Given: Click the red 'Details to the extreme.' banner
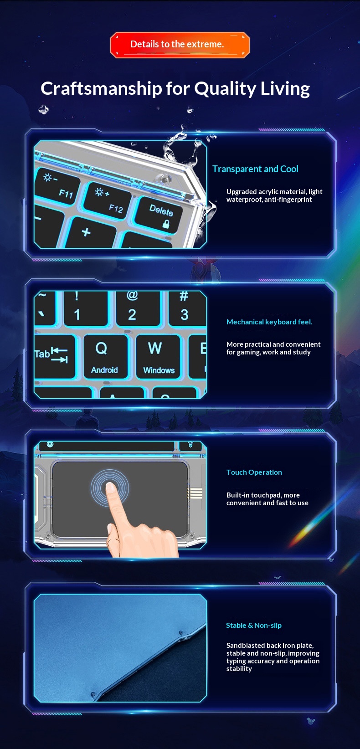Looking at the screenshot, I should click(180, 45).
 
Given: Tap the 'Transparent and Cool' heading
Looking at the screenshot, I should click(255, 169).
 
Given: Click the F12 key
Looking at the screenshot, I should click(108, 201).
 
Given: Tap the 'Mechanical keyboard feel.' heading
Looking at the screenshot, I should click(269, 322).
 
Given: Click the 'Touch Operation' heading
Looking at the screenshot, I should click(254, 472).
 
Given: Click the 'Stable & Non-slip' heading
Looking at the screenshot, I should click(253, 626).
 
